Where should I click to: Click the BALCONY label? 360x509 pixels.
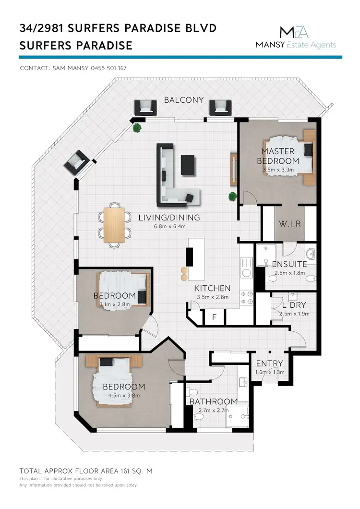(x=184, y=100)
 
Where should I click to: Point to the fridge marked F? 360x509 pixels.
(x=214, y=317)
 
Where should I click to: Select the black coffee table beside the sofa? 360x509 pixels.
(x=188, y=165)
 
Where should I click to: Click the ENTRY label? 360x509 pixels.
(x=269, y=364)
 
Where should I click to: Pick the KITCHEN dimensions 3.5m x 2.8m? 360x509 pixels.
(x=212, y=297)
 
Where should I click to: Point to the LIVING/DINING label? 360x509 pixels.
(x=169, y=218)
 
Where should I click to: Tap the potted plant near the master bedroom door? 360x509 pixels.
(x=233, y=196)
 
